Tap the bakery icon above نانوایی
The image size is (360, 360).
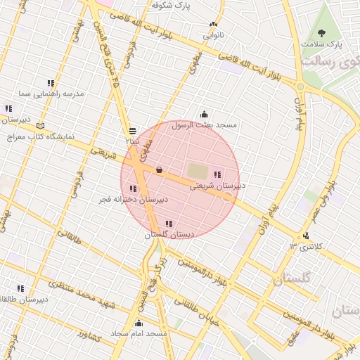[213, 25]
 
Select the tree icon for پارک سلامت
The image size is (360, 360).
[323, 32]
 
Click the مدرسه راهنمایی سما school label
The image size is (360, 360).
[53, 93]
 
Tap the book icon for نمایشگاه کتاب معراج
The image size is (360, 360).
[39, 125]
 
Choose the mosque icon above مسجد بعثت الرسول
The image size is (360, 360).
[205, 114]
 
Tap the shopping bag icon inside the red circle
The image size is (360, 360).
[159, 169]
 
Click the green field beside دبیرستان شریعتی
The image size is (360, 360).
[198, 171]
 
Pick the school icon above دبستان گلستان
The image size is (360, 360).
[168, 224]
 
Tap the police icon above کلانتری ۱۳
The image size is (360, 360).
[305, 236]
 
